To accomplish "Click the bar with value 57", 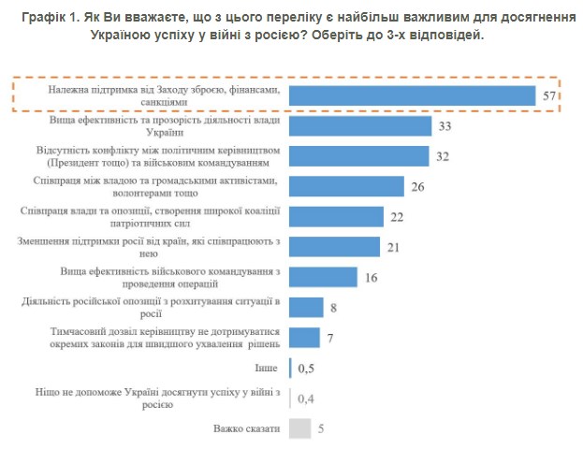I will pyautogui.click(x=412, y=95).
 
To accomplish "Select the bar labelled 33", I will pyautogui.click(x=360, y=126).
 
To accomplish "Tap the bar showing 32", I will pyautogui.click(x=359, y=156).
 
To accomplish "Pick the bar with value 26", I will pyautogui.click(x=346, y=186).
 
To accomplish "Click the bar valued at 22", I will pyautogui.click(x=337, y=216).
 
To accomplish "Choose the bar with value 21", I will pyautogui.click(x=334, y=246).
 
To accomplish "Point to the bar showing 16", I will pyautogui.click(x=323, y=276).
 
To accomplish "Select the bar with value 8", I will pyautogui.click(x=306, y=307).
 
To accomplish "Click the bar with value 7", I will pyautogui.click(x=304, y=337).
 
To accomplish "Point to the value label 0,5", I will pyautogui.click(x=306, y=368).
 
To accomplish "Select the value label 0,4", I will pyautogui.click(x=306, y=398).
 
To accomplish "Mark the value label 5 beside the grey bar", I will pyautogui.click(x=321, y=428).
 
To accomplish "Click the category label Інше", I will pyautogui.click(x=267, y=368).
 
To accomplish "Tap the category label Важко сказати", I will pyautogui.click(x=246, y=428).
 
